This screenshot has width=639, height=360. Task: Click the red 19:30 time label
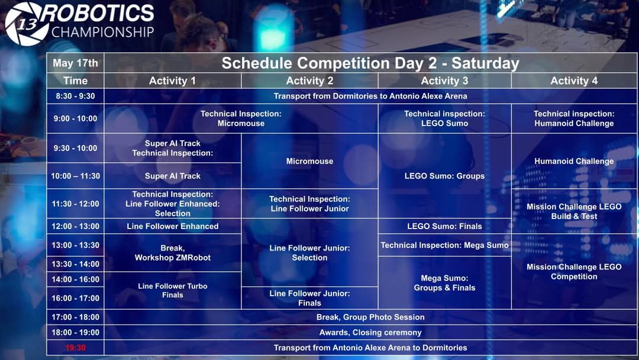pos(75,348)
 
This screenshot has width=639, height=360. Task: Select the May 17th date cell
pos(75,63)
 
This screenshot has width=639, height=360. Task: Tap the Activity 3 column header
pos(444,81)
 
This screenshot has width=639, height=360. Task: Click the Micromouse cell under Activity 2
pos(309,161)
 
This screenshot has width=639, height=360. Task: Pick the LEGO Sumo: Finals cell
pos(444,226)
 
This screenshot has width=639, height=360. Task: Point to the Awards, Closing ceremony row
pos(370,332)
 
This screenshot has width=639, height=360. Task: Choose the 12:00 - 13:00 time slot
pos(75,226)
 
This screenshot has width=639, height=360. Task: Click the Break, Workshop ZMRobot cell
pos(173,253)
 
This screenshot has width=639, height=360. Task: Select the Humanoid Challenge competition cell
pos(574,161)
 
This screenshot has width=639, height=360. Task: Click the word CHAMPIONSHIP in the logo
pos(103,32)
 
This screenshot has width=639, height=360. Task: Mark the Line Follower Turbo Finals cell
pos(173,290)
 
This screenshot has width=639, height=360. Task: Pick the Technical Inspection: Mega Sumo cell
pos(444,245)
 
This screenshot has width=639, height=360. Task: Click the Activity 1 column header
pos(172,81)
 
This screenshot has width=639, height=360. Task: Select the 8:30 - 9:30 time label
pos(75,97)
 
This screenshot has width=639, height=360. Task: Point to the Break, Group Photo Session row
pos(370,317)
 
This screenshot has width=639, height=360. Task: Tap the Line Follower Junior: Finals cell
pos(309,298)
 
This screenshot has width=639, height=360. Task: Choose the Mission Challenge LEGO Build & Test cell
pos(574,211)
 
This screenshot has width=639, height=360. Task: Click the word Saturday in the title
pos(485,63)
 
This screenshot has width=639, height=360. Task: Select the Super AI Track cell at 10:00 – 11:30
pos(173,176)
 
